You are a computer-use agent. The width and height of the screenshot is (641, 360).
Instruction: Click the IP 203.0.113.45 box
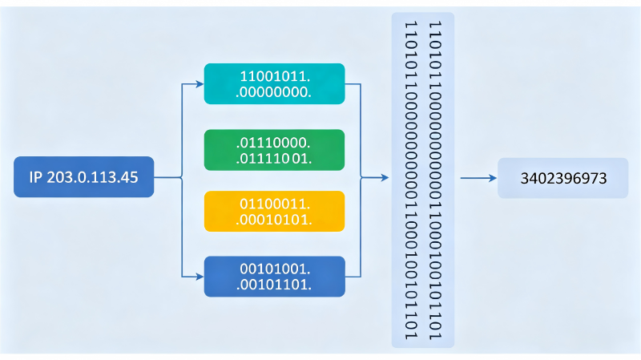[x=84, y=176]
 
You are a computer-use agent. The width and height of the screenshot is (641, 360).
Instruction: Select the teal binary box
[x=274, y=84]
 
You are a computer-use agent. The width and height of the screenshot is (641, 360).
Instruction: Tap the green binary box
[x=274, y=150]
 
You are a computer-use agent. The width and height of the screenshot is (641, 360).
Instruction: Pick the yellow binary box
[x=274, y=211]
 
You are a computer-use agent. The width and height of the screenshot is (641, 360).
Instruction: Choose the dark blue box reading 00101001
[x=274, y=277]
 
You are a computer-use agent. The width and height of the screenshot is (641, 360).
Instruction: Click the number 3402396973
[x=563, y=178]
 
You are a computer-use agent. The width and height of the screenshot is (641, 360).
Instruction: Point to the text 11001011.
[x=275, y=76]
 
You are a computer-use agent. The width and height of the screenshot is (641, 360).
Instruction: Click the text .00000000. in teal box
[x=273, y=92]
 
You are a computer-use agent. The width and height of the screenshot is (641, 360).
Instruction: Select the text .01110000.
[x=273, y=143]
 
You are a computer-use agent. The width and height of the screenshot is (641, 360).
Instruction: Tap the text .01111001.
[x=274, y=158]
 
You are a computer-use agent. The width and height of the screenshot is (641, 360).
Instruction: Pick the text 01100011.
[x=275, y=204]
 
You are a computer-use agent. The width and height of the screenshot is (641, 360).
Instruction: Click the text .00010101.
[x=274, y=220]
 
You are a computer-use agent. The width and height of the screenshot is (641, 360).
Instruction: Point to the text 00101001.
[x=275, y=269]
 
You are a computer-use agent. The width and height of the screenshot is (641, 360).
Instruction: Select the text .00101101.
[x=274, y=285]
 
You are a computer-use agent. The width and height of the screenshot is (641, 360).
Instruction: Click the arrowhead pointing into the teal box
[x=200, y=84]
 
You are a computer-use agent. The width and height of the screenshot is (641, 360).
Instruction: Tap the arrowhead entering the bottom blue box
[x=200, y=277]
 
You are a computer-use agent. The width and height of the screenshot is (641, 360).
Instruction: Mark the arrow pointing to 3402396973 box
[x=478, y=178]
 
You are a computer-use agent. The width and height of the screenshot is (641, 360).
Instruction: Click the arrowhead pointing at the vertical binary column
[x=385, y=177]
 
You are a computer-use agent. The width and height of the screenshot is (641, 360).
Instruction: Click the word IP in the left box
[x=35, y=177]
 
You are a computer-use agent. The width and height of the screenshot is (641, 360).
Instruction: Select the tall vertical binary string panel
[x=423, y=180]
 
